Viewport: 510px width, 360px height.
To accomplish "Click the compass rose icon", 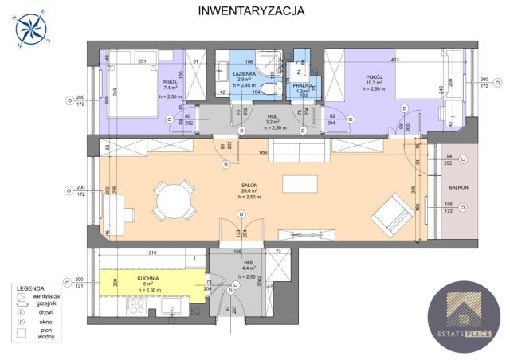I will (x=32, y=27).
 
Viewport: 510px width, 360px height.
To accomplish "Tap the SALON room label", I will (x=250, y=185).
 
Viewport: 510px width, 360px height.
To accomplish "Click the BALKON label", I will (x=457, y=188).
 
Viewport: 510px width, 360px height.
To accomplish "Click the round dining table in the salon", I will (x=174, y=199).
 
